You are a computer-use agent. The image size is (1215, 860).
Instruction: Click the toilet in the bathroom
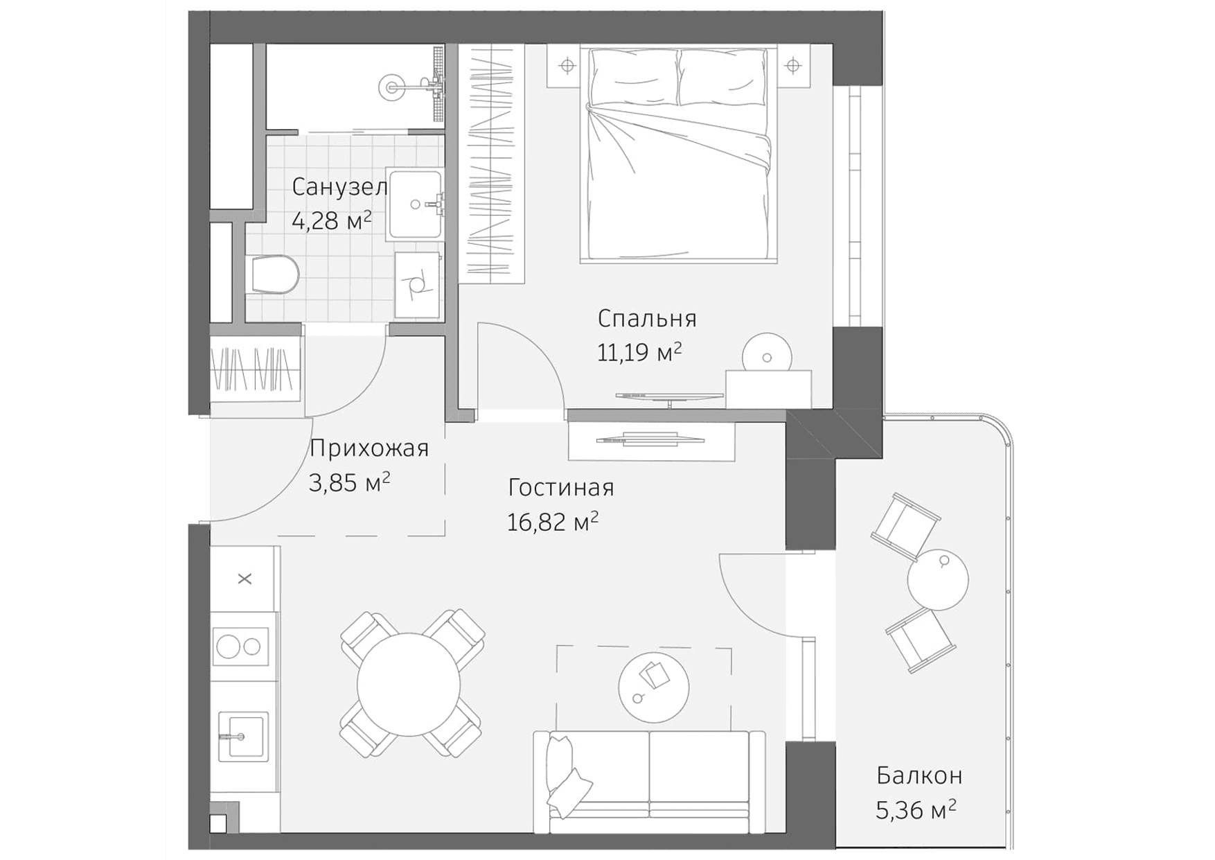(x=275, y=274)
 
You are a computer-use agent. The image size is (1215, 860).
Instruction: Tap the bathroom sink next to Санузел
(x=415, y=205)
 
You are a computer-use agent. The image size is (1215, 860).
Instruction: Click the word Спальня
(x=647, y=319)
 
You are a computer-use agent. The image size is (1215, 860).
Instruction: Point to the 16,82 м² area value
(x=552, y=522)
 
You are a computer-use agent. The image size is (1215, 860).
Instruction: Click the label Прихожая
(x=369, y=449)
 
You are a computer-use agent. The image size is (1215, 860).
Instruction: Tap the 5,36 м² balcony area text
(x=916, y=809)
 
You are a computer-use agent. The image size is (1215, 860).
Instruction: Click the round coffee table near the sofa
(x=653, y=687)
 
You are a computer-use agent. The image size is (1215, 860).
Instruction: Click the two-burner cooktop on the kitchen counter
(x=240, y=647)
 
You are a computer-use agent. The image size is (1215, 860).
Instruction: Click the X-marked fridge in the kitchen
(x=245, y=579)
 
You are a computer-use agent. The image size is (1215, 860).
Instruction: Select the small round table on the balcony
(x=938, y=580)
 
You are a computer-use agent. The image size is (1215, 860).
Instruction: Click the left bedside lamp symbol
(x=567, y=66)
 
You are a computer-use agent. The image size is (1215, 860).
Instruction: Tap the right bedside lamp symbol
(x=793, y=66)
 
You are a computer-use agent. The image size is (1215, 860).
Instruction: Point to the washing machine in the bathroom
(x=417, y=285)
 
